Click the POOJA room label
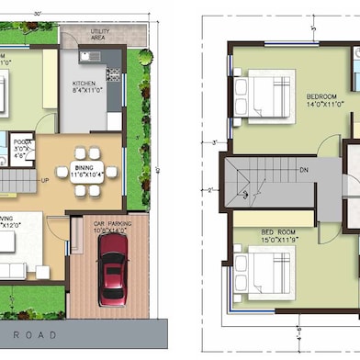point(23,145)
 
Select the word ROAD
point(40,334)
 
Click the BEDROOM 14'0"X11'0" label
point(322,100)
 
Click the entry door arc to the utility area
point(72,37)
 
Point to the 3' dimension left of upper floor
point(213,142)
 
